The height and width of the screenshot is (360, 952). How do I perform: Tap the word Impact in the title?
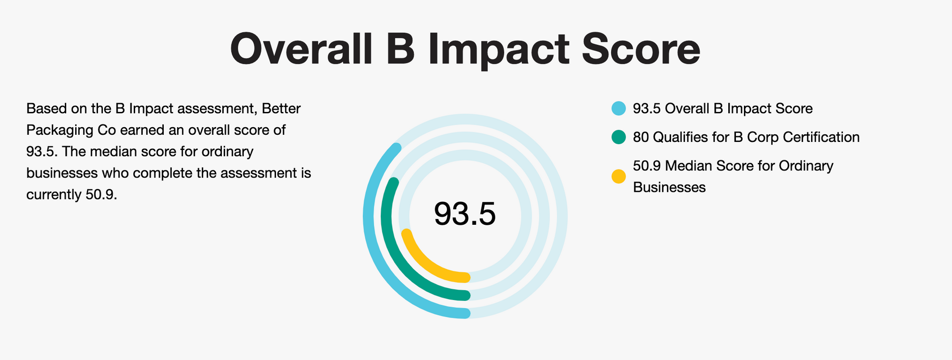[498, 49]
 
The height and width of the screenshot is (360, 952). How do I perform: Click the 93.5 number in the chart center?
[465, 214]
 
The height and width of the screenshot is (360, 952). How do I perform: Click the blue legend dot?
[618, 109]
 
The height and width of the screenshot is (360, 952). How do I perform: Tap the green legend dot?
[618, 138]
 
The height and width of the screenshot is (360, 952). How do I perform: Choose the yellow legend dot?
[618, 176]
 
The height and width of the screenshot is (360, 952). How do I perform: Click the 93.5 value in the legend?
[646, 109]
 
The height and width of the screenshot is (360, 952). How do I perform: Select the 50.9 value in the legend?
[646, 166]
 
